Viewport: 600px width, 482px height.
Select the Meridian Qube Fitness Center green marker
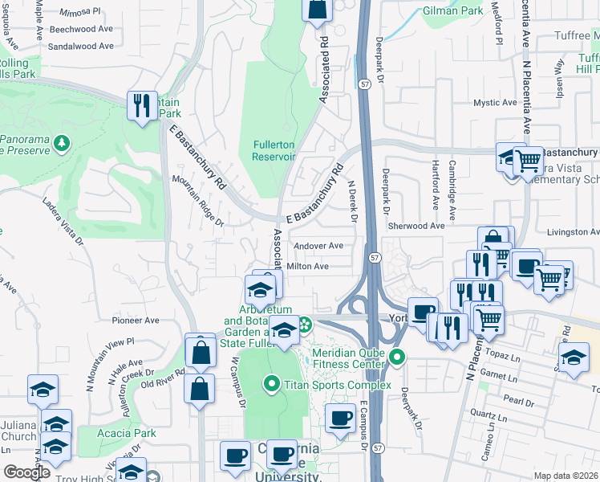[396, 357]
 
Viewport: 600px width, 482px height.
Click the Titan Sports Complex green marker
[272, 385]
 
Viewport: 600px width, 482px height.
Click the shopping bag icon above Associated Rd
[318, 10]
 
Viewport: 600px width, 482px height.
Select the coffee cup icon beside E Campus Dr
[341, 419]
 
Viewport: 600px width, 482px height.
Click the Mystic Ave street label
[495, 103]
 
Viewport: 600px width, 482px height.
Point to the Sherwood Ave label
[416, 227]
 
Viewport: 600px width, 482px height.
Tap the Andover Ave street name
[318, 246]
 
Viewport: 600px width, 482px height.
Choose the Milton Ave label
[308, 266]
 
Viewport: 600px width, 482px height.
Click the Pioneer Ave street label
[136, 320]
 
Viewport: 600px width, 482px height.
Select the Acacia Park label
[134, 433]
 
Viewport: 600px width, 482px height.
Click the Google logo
[26, 472]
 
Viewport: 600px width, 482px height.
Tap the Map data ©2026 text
[566, 476]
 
